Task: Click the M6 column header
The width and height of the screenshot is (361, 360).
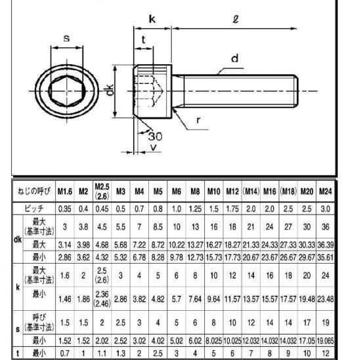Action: (x=177, y=191)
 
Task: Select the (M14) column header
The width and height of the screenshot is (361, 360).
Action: (x=251, y=191)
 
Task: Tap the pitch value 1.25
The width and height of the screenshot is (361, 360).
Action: (x=195, y=209)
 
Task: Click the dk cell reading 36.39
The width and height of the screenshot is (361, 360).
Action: (x=326, y=245)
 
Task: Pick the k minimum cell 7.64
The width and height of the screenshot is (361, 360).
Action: (x=195, y=299)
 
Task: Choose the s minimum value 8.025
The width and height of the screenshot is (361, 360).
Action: (x=214, y=341)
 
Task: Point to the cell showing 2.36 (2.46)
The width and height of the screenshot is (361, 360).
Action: (x=102, y=299)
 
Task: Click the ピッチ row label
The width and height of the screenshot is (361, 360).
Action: (x=34, y=209)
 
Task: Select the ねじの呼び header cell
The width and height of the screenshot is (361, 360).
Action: (x=34, y=191)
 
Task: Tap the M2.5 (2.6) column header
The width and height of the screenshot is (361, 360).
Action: (x=102, y=191)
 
